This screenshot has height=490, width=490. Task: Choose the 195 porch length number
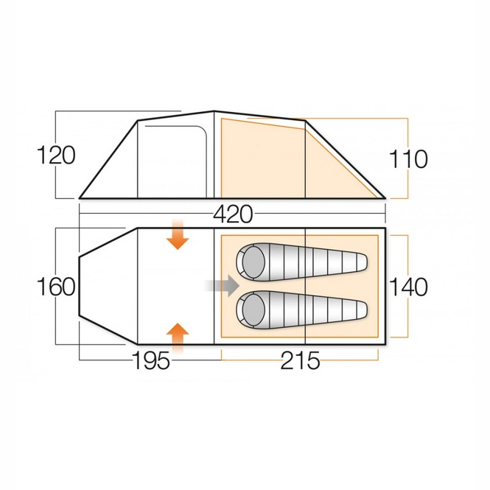point(151,361)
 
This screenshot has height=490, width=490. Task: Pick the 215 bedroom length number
point(300,361)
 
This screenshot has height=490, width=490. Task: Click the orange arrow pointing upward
point(177,336)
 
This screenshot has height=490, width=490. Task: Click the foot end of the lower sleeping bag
point(357,308)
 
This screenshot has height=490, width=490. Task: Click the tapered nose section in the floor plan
point(107,287)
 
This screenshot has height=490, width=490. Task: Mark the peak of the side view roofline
point(214,111)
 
